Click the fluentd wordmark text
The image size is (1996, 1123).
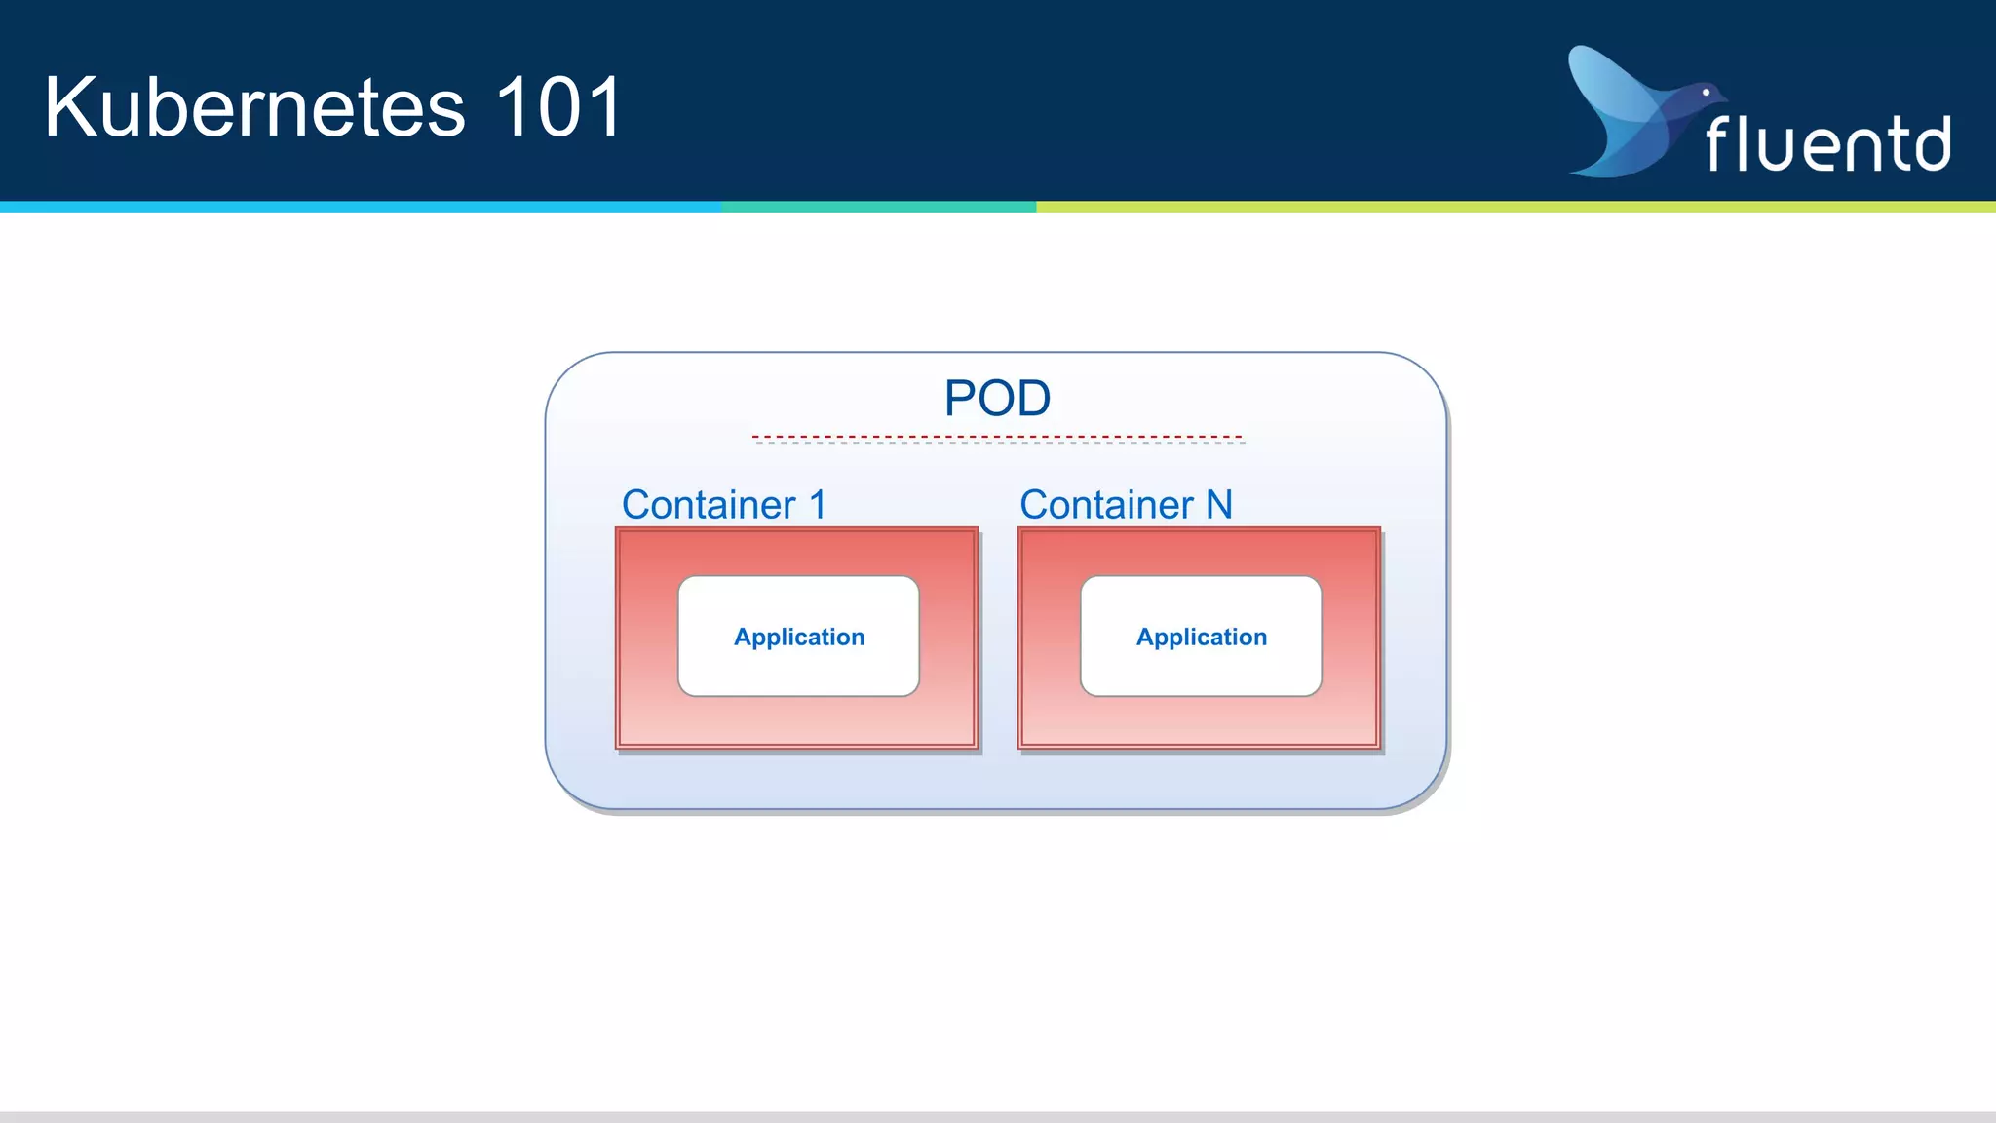[x=1828, y=144]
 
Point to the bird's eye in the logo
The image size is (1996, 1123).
[x=1706, y=93]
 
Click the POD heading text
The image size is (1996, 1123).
[x=997, y=398]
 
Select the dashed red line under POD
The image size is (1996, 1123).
[x=997, y=437]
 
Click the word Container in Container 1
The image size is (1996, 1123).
[x=709, y=505]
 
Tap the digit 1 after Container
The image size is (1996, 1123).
[x=818, y=505]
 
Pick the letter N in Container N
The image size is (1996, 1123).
[x=1219, y=505]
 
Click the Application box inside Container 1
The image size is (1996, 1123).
[x=798, y=637]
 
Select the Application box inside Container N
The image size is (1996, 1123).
[x=1201, y=637]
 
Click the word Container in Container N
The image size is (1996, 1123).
[x=1106, y=505]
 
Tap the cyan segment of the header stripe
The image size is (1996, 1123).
[x=361, y=207]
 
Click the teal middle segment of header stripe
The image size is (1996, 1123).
[x=877, y=207]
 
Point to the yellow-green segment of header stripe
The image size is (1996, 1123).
[x=1511, y=207]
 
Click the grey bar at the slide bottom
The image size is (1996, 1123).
[x=998, y=1117]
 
